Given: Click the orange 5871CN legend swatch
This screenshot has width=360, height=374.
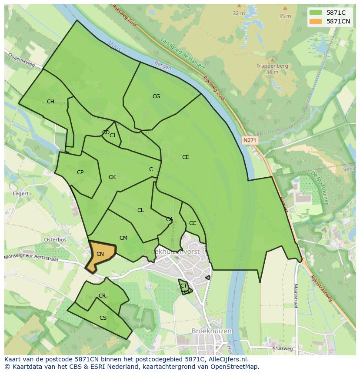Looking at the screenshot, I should tap(316, 22).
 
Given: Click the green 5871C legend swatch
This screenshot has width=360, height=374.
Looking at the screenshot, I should tap(316, 13).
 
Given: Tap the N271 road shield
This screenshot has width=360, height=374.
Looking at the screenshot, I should tap(250, 140).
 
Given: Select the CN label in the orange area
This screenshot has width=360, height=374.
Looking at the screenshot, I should tap(100, 254).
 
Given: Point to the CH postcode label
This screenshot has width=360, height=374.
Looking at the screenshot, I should tap(50, 102).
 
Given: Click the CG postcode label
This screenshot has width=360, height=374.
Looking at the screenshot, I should tap(156, 96).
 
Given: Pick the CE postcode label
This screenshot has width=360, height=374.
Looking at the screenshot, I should tap(186, 157).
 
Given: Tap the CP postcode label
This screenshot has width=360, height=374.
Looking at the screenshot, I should tap(80, 172).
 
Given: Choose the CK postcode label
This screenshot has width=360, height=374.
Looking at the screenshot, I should tap(112, 177).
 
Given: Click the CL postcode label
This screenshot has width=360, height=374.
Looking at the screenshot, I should tap(140, 210).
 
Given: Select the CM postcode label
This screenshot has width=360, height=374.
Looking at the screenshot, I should tap(123, 238).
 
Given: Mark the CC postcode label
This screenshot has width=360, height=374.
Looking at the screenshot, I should tap(193, 223).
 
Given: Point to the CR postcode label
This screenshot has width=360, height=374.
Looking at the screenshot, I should tap(102, 296).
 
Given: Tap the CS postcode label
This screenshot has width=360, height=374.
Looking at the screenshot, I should tap(103, 318).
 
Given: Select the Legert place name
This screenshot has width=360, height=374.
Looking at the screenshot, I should tap(21, 194).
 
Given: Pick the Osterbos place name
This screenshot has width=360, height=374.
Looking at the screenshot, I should tap(55, 240).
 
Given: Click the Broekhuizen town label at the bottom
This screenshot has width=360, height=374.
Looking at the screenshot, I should tap(212, 331).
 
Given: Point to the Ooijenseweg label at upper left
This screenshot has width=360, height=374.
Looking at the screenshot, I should tap(20, 60).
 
